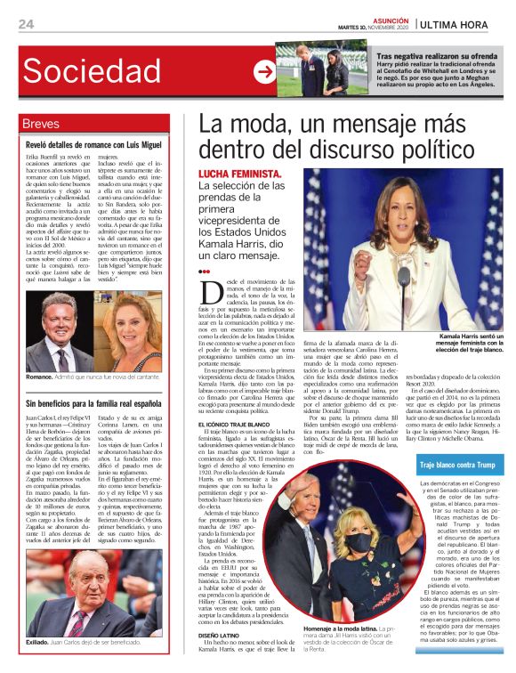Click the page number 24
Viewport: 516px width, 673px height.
(x=26, y=24)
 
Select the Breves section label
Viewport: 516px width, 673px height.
(x=42, y=124)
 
